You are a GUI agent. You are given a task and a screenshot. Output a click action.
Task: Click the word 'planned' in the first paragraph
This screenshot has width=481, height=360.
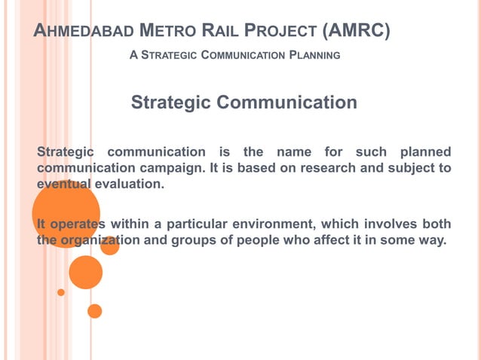[x=425, y=152]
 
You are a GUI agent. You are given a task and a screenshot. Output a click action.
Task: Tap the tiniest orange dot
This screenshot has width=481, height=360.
[x=61, y=292]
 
